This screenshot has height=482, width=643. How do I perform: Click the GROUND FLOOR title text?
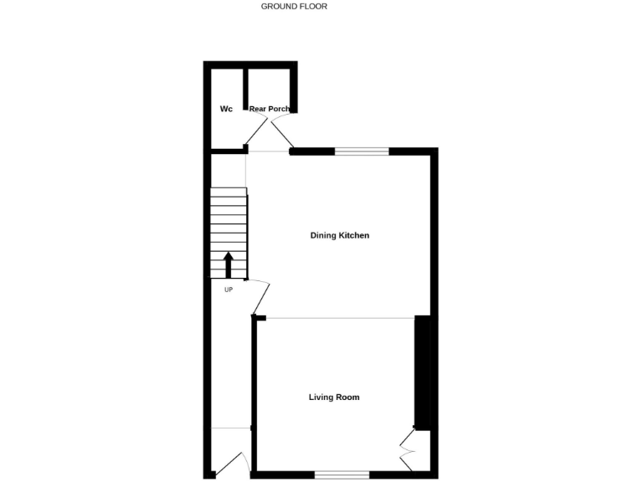(x=294, y=6)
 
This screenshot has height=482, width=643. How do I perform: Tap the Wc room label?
(x=226, y=109)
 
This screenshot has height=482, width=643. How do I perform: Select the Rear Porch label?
(x=269, y=109)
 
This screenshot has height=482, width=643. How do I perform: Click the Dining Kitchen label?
(x=339, y=235)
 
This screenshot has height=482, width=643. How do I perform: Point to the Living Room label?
(x=334, y=397)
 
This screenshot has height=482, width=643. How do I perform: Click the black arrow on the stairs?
(x=228, y=264)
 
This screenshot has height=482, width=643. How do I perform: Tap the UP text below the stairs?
(x=228, y=290)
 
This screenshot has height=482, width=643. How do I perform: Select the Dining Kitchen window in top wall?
(x=362, y=151)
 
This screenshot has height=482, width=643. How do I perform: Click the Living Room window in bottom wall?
(x=342, y=474)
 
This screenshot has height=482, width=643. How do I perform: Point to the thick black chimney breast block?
(x=423, y=373)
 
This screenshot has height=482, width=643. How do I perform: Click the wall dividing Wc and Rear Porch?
(x=246, y=88)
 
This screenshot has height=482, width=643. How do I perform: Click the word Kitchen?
(x=353, y=235)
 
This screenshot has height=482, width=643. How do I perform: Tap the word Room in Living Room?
(x=347, y=397)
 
